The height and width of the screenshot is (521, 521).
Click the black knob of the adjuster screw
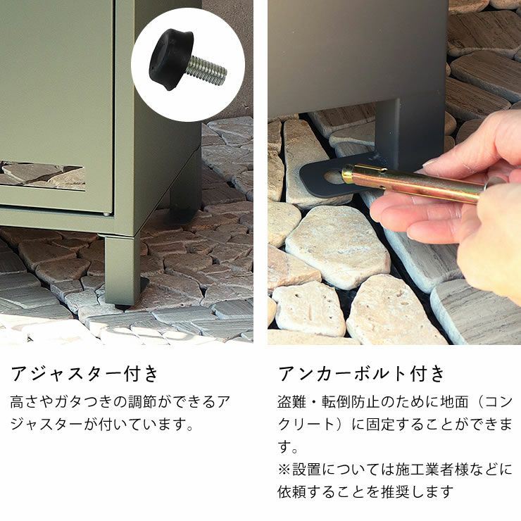170,60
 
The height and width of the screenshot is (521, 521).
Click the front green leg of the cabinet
122,269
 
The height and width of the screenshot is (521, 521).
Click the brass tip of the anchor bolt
348,174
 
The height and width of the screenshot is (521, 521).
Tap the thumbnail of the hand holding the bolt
434,163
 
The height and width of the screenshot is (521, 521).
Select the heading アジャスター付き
84,374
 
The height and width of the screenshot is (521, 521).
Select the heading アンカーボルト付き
361,374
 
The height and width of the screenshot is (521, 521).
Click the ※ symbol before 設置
284,470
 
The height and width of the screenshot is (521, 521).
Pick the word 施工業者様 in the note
432,470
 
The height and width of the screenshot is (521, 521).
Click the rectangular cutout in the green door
42,176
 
